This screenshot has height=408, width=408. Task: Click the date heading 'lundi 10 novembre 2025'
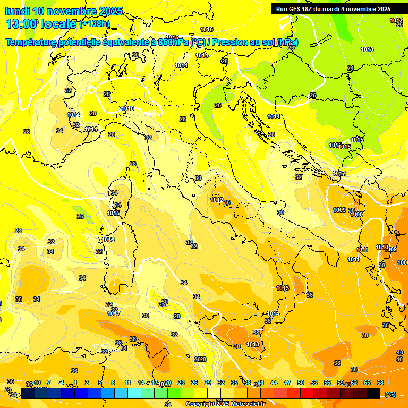coord(64,11)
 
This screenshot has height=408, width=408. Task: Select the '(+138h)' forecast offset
coord(94,23)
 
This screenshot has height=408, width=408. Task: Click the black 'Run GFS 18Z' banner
coord(333,8)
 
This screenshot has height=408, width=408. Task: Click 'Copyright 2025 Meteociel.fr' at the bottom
coord(225,404)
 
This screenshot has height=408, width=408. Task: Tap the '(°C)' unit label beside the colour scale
coord(390,394)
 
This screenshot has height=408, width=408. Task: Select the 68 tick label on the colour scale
coord(380,382)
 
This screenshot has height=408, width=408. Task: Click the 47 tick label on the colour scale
coord(287,382)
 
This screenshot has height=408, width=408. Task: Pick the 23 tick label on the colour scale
coord(181,382)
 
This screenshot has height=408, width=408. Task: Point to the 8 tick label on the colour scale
coord(113,382)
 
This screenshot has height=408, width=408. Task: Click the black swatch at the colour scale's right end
coord(373,394)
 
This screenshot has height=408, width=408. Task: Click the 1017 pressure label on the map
coord(114,313)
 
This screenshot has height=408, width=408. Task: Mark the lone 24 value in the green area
coord(350,68)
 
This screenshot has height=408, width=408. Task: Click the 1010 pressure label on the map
coord(382,247)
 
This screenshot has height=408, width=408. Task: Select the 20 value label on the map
coord(165,301)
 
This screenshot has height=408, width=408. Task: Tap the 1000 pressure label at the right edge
coord(403,262)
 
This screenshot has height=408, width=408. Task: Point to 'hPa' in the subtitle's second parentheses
coord(287,42)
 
